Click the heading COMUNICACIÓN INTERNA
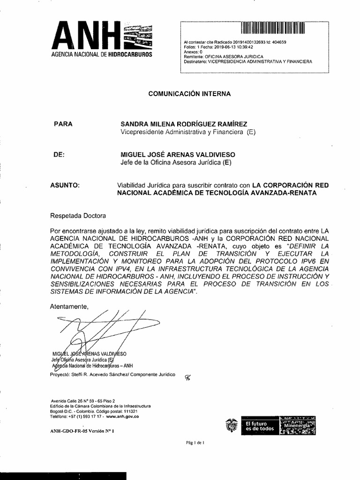pos(189,94)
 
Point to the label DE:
pos(59,155)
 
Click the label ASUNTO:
pos(65,185)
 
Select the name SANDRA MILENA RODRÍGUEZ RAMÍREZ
pos(184,124)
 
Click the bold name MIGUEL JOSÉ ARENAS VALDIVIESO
pos(178,155)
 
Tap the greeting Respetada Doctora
pos(78,216)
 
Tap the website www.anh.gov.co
pos(122,416)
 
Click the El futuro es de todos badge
pos(259,426)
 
